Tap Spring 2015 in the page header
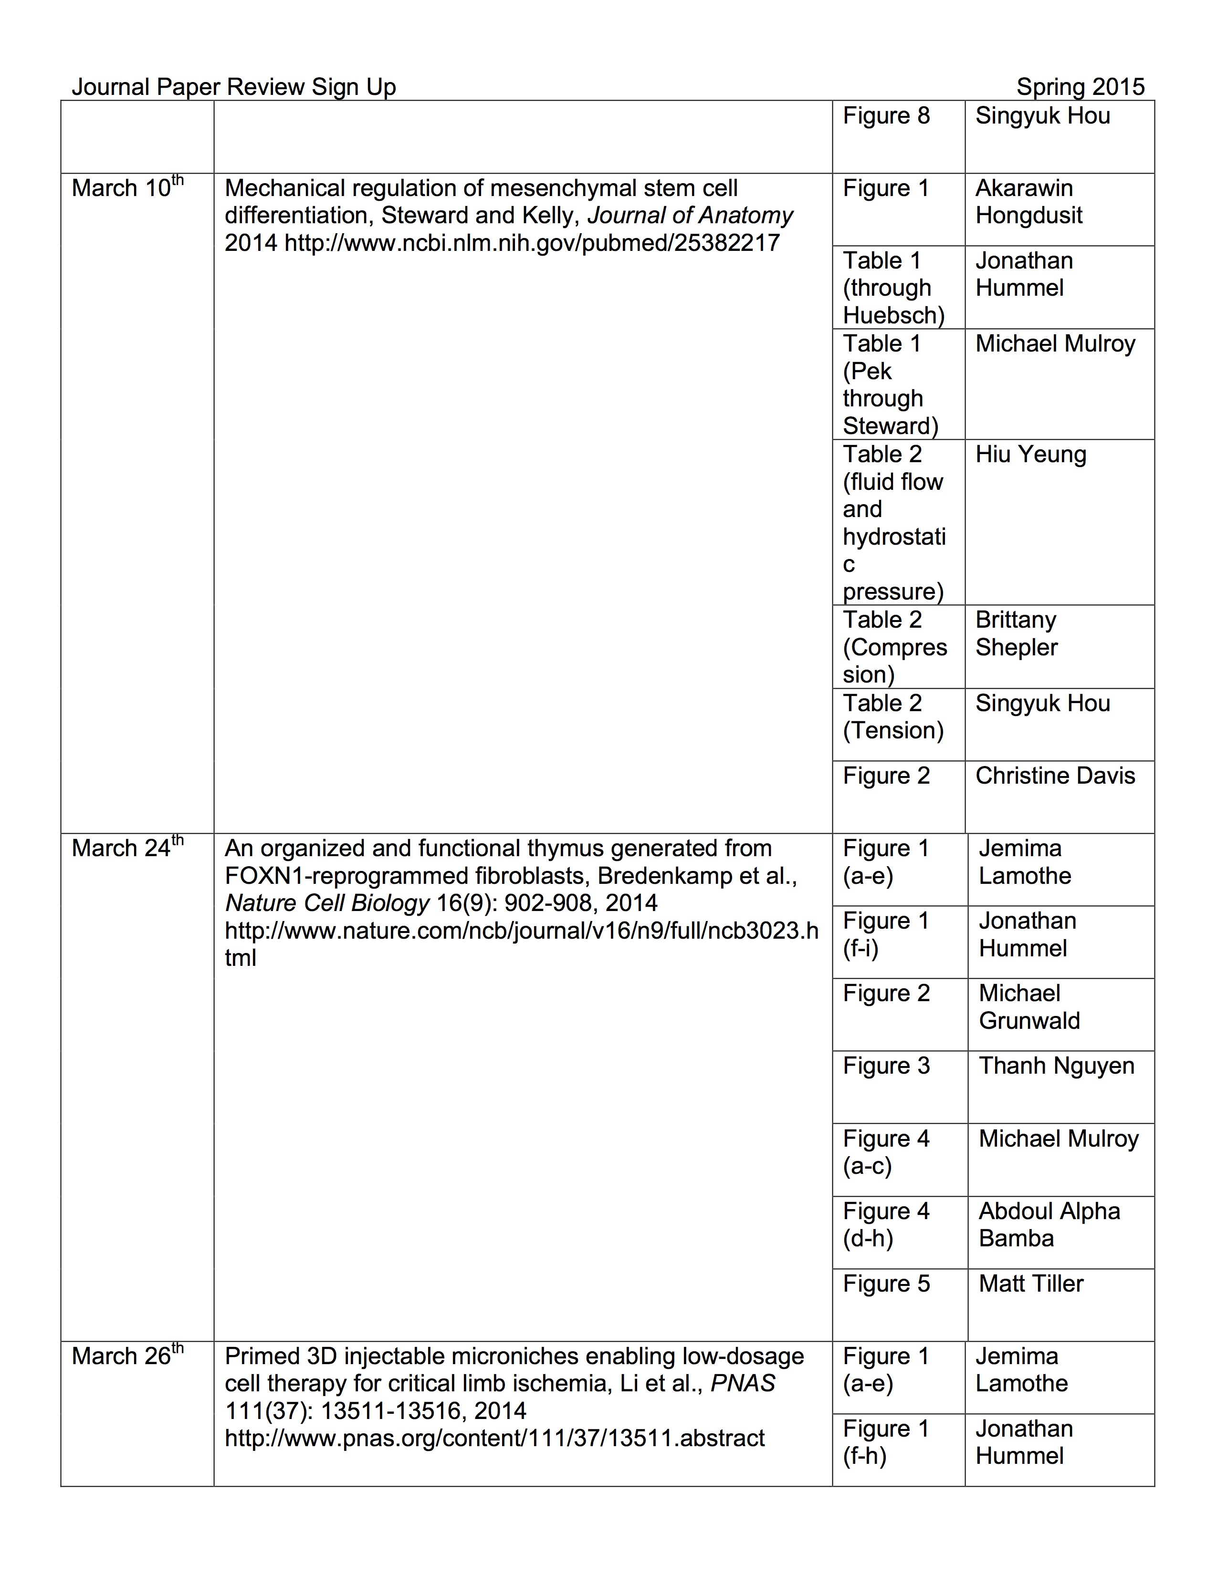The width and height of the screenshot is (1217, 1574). pos(1080,87)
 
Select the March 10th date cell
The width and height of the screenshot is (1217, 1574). pos(127,188)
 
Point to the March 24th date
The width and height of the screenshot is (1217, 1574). pos(127,848)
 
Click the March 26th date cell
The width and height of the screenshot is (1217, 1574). pos(127,1357)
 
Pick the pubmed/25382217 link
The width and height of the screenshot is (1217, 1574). pos(532,243)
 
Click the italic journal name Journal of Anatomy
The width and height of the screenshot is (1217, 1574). pos(690,216)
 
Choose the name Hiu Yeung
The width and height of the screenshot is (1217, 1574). pos(1030,455)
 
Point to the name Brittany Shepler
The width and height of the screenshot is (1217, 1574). pos(1016,633)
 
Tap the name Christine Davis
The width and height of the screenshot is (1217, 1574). pos(1055,776)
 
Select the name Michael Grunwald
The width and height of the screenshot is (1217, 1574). pos(1029,1007)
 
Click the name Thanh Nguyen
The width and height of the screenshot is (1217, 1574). pos(1056,1066)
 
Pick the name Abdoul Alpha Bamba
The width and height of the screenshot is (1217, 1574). pos(1049,1224)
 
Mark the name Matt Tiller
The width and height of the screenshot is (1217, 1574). pos(1031,1284)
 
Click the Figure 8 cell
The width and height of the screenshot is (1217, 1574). pos(886,116)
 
